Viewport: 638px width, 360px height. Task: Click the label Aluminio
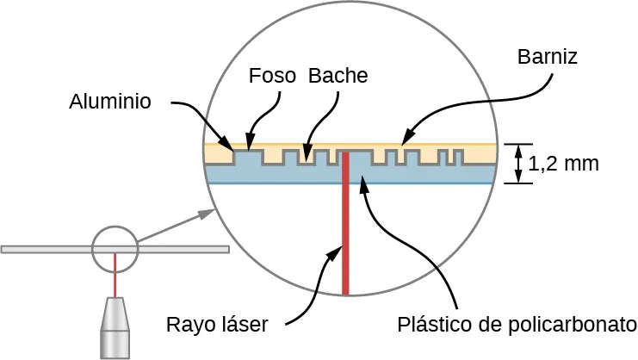pyautogui.click(x=110, y=102)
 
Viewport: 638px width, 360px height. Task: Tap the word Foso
pyautogui.click(x=271, y=76)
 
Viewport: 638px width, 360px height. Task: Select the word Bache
pyautogui.click(x=338, y=76)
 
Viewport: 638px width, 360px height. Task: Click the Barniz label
pyautogui.click(x=547, y=57)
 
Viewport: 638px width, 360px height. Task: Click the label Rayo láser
pyautogui.click(x=218, y=325)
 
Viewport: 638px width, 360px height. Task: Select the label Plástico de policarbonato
pyautogui.click(x=517, y=325)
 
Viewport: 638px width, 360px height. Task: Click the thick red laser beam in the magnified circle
pyautogui.click(x=345, y=233)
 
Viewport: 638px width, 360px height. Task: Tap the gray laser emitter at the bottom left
pyautogui.click(x=114, y=327)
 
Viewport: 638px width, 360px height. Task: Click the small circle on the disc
pyautogui.click(x=115, y=249)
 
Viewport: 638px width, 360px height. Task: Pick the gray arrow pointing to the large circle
pyautogui.click(x=177, y=225)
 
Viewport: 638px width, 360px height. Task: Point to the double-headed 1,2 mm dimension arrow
pyautogui.click(x=518, y=164)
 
